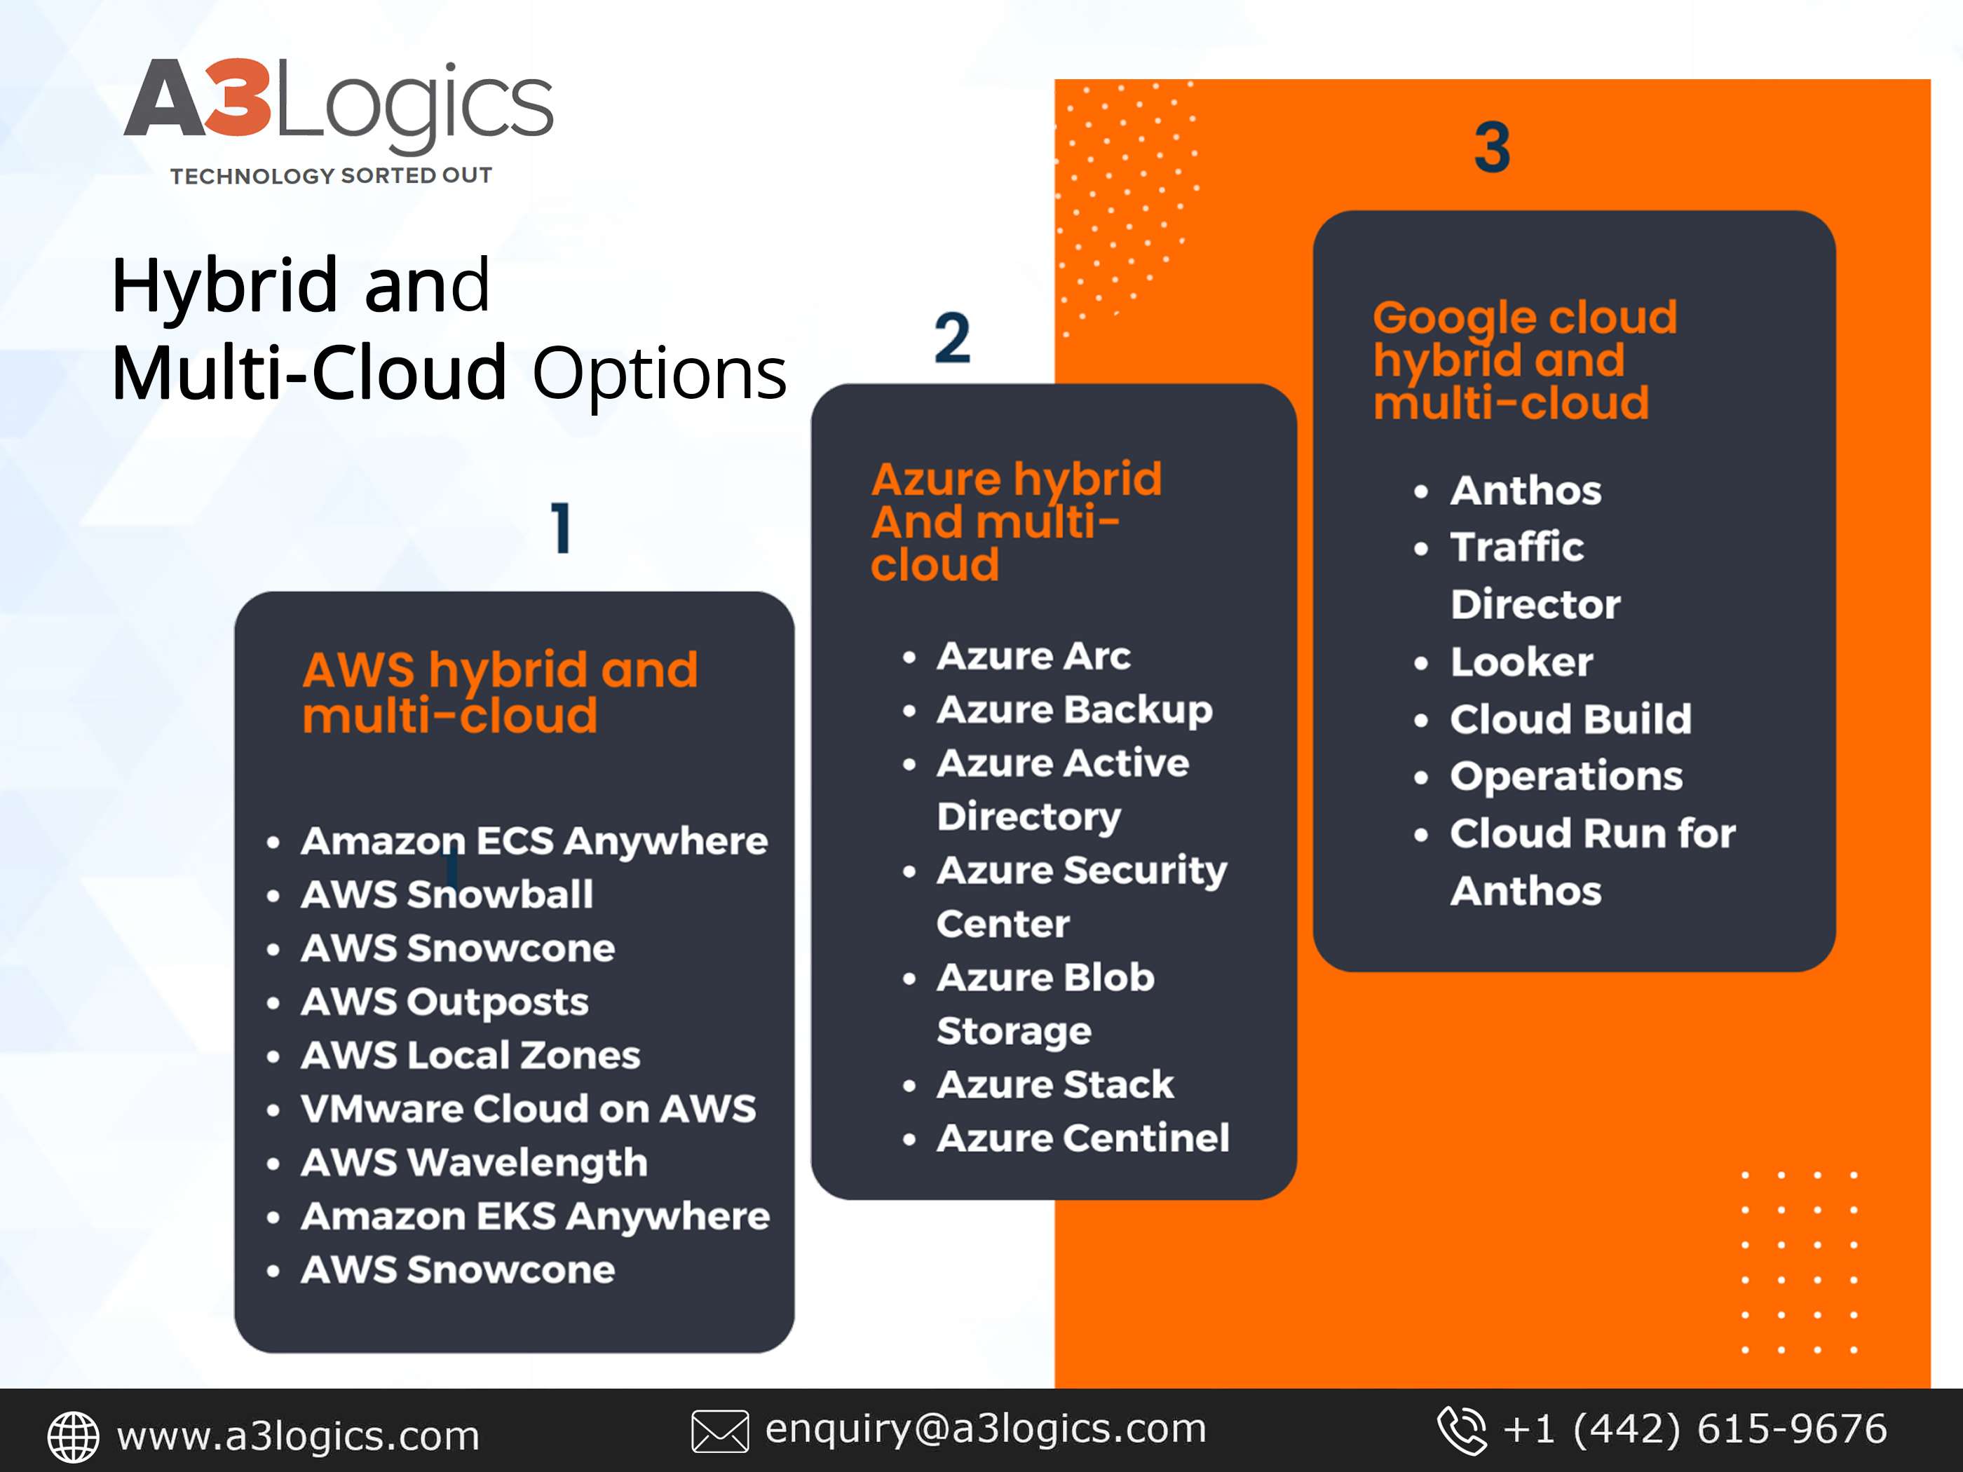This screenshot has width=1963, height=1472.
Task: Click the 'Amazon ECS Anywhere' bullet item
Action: [534, 841]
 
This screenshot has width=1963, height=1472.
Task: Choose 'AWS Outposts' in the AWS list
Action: [444, 1002]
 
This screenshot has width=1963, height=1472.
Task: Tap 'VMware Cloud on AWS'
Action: [528, 1108]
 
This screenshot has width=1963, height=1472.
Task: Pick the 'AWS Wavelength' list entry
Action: [474, 1162]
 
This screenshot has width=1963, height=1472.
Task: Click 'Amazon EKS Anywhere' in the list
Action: [535, 1216]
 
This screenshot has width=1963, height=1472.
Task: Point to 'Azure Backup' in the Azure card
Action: [1075, 710]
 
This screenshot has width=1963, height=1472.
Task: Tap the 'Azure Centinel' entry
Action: [1082, 1138]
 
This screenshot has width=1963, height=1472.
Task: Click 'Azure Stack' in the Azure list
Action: [1055, 1084]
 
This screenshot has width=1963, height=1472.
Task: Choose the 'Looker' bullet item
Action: [1521, 662]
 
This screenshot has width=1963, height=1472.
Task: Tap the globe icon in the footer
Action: [73, 1436]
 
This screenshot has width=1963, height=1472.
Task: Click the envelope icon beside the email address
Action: [720, 1431]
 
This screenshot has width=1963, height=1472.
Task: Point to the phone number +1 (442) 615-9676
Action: [1694, 1429]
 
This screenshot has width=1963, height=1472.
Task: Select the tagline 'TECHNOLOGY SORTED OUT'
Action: [331, 176]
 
